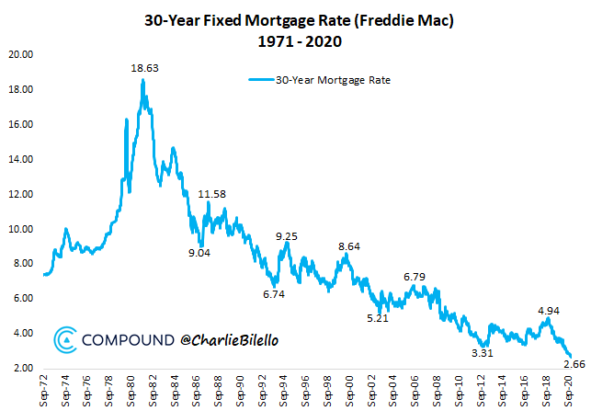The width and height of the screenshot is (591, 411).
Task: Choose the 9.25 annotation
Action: tap(287, 236)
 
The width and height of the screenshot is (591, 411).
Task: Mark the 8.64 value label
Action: tap(349, 246)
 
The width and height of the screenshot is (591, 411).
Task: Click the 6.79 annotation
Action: tap(415, 277)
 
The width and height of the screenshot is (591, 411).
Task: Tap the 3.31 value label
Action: tap(482, 352)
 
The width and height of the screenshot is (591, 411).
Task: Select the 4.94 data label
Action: tap(550, 310)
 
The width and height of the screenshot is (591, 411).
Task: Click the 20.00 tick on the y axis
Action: tap(21, 55)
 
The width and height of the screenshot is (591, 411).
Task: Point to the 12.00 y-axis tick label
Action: tap(21, 195)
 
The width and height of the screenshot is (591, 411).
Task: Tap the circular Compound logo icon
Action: tap(65, 340)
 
